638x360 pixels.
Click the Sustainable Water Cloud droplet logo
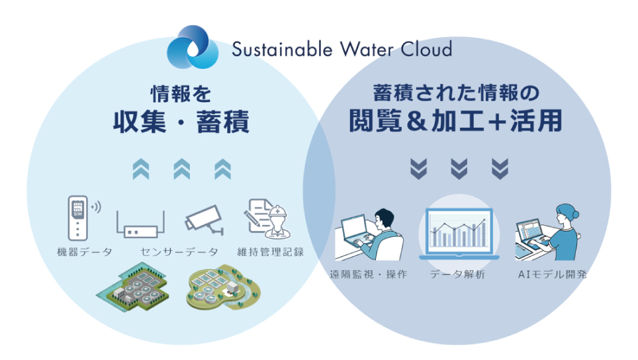[x=193, y=47]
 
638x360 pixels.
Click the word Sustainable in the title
[x=282, y=49]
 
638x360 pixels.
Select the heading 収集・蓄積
[x=181, y=121]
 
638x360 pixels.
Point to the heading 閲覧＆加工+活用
[x=456, y=120]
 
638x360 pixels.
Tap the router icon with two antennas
[x=140, y=224]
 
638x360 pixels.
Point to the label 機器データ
[x=85, y=252]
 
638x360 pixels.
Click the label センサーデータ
[x=179, y=252]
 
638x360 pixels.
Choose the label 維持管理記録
[x=271, y=252]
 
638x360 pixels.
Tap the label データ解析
[x=457, y=275]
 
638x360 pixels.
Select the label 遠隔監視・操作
[x=368, y=275]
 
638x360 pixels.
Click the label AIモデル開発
[x=552, y=275]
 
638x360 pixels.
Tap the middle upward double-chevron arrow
[x=181, y=169]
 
